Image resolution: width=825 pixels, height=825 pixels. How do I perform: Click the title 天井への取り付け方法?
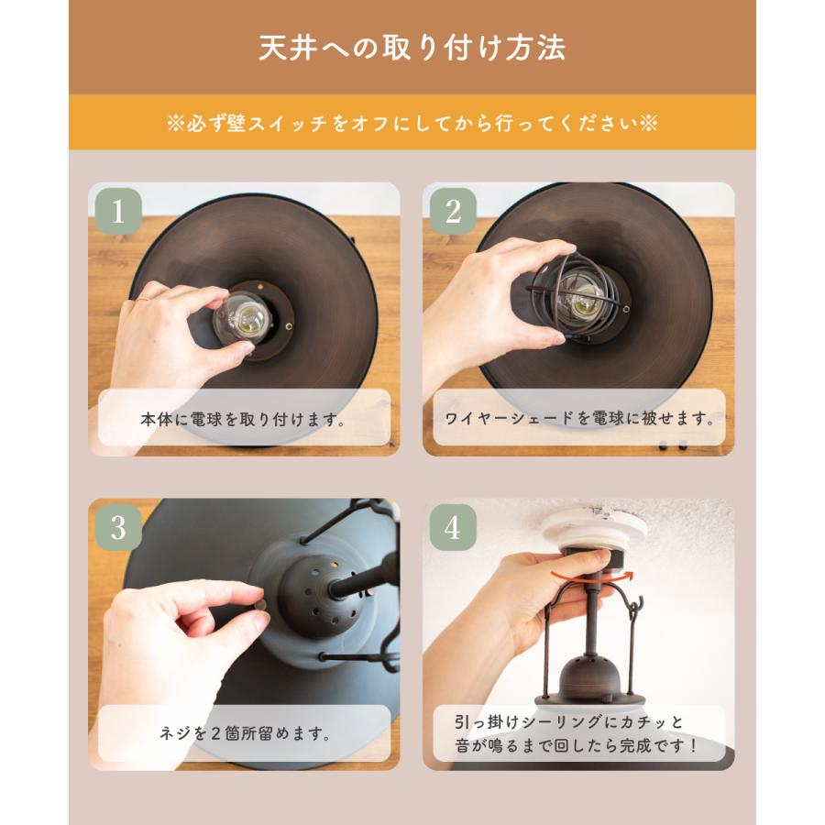412,48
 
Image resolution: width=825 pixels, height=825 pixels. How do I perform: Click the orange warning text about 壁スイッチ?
412,123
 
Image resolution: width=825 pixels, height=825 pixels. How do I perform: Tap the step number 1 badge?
115,211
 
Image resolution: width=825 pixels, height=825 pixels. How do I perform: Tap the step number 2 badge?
451,211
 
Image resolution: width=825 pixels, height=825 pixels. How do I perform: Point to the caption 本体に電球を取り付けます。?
243,419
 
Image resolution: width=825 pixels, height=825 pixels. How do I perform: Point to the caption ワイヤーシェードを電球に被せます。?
578,419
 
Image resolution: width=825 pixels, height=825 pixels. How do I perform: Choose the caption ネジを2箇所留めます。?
243,733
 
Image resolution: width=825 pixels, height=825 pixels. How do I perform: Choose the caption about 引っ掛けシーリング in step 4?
578,733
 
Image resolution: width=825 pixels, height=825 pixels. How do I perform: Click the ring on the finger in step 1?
144,298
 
